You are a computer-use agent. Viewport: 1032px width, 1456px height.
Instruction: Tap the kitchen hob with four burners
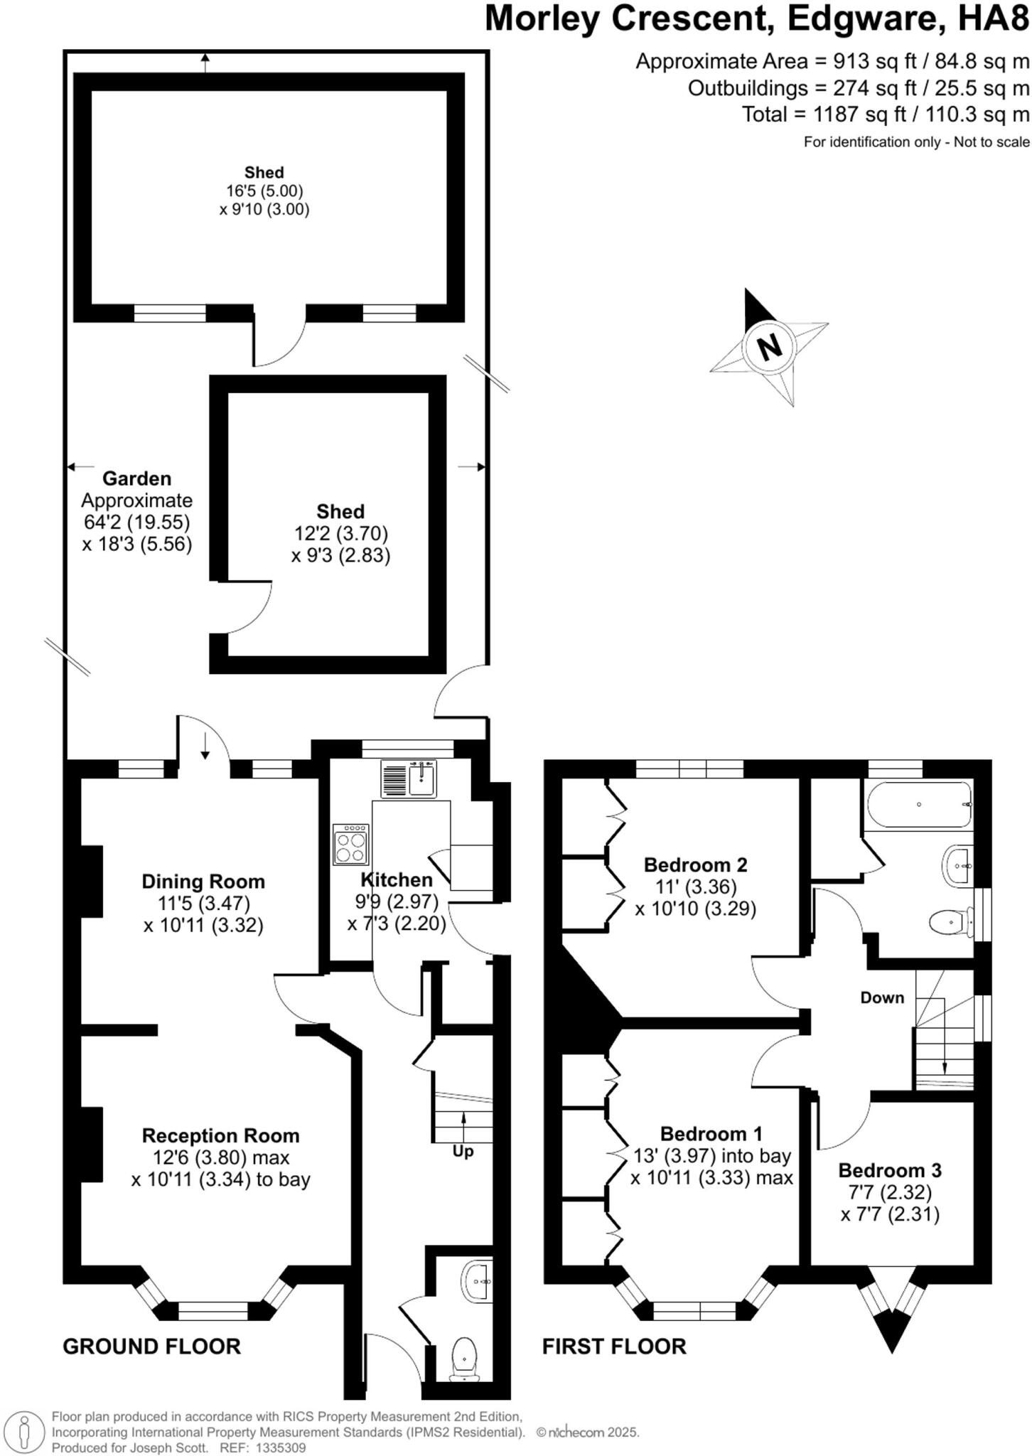[351, 844]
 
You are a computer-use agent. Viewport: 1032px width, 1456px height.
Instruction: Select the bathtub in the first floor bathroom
[918, 805]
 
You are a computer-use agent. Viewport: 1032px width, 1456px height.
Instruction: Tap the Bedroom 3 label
[889, 1170]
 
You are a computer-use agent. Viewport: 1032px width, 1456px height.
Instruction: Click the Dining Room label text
[203, 882]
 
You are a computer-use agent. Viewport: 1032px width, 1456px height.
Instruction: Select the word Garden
[136, 478]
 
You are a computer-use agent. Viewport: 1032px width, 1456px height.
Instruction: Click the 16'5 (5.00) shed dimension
[264, 191]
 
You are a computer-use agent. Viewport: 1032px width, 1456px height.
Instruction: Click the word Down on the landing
[882, 997]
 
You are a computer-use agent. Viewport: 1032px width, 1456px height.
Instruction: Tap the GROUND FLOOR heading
[151, 1347]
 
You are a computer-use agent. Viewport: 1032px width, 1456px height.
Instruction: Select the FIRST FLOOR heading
[614, 1347]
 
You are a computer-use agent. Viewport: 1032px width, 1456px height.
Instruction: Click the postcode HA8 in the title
[993, 19]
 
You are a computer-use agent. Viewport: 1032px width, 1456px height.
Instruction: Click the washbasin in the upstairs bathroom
[958, 865]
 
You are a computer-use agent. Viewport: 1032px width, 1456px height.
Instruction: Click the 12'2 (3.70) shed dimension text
[341, 533]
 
